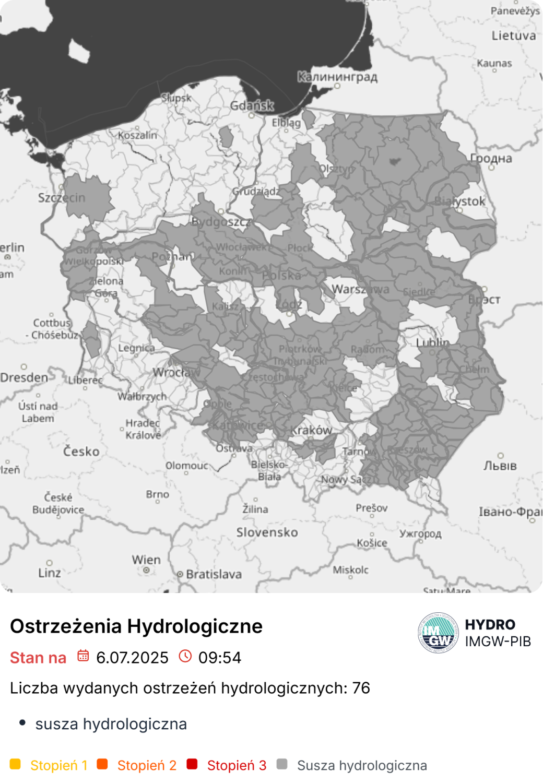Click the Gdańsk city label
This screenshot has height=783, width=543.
pos(252,105)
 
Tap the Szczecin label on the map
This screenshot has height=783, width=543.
pos(61,198)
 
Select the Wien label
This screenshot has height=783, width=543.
pos(146,560)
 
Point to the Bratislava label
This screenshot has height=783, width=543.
pos(214,574)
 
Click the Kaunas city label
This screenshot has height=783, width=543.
pos(494,63)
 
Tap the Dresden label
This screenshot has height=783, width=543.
pos(24,377)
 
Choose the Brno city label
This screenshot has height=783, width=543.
pos(158,494)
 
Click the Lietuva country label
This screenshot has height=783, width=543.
pos(514,35)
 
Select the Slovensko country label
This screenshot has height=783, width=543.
pos(267,532)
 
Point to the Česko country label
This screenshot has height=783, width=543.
pos(81,451)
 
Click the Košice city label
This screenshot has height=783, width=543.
pos(372,543)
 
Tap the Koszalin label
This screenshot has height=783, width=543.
pos(137,135)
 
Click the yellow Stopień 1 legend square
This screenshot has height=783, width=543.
pos(16,764)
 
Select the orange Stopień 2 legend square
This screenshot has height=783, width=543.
pos(102,764)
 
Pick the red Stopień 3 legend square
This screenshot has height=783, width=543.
pos(192,764)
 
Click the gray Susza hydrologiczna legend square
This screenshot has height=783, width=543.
pos(282,764)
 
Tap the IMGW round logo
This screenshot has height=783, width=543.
pos(438,633)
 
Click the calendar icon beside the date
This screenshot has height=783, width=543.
pos(83,656)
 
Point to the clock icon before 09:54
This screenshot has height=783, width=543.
pos(185,656)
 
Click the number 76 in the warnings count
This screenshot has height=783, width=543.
pos(361,688)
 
